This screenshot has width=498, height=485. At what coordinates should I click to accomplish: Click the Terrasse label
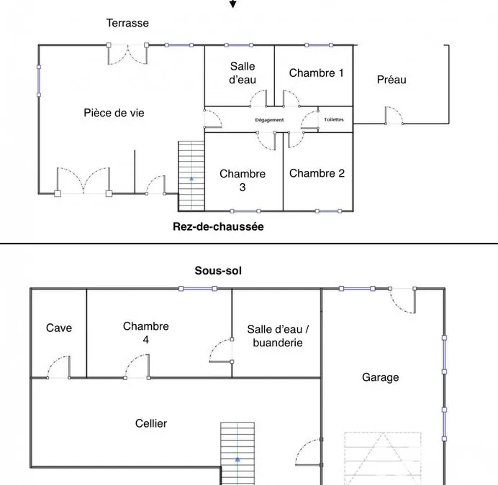tap(127, 23)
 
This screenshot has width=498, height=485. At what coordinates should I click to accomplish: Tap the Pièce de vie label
tap(114, 113)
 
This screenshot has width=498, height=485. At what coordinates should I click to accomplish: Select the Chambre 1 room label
tap(317, 73)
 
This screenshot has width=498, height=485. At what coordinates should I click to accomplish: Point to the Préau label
tap(391, 80)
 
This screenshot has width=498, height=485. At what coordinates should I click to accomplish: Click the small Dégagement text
tap(269, 120)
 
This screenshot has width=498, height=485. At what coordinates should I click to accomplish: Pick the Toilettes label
tap(334, 119)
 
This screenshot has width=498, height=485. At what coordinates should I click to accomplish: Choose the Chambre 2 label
tap(317, 173)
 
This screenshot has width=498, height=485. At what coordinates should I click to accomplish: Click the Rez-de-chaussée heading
tap(218, 226)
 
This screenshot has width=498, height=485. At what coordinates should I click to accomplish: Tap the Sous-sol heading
tap(218, 271)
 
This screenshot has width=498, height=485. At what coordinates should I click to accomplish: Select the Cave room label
tap(59, 328)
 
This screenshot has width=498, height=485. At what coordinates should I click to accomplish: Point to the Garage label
tap(381, 377)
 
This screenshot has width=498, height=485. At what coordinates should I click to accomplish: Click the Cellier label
tap(151, 423)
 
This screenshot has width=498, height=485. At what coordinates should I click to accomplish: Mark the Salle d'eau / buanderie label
tap(278, 336)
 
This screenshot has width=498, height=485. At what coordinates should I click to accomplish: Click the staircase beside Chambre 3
tap(191, 176)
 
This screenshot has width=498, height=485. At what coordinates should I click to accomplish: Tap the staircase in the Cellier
tap(237, 453)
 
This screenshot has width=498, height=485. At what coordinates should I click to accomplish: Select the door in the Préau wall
tap(394, 116)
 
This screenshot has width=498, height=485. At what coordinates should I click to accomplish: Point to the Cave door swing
tap(59, 367)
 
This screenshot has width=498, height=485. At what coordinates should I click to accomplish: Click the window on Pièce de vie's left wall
tap(39, 81)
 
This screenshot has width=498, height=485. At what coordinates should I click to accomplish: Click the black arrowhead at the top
tap(232, 4)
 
